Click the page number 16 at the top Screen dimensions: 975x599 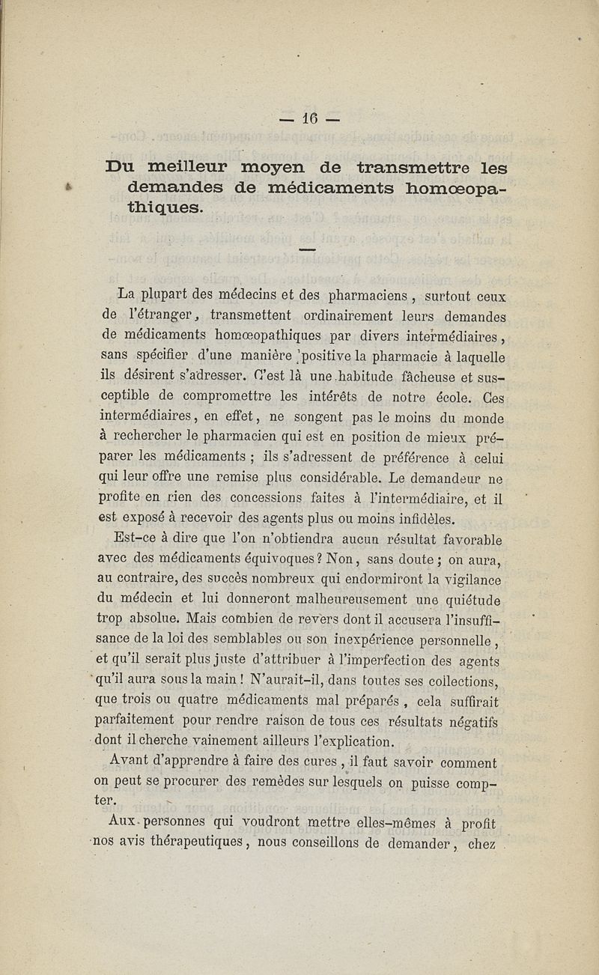pos(310,118)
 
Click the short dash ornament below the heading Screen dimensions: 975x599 pos(308,249)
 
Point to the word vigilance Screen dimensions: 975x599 pos(465,579)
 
